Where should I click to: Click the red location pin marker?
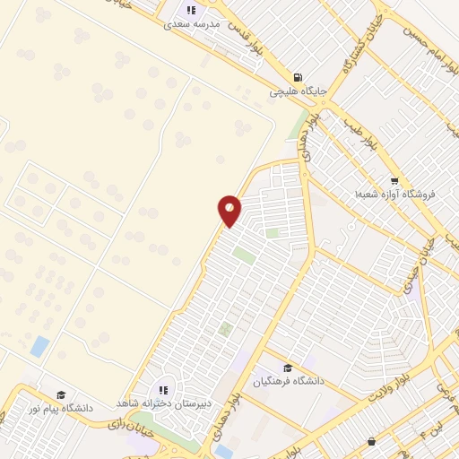tap(229, 211)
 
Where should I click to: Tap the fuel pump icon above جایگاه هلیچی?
tap(298, 77)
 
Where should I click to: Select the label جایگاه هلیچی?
tap(298, 91)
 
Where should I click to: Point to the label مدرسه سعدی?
tap(190, 24)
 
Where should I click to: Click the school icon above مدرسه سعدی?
tap(190, 11)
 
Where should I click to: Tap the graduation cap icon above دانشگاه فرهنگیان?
tap(287, 368)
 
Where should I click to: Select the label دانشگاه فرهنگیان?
tap(286, 381)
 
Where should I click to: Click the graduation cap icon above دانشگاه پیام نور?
tap(61, 395)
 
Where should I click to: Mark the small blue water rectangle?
tap(39, 346)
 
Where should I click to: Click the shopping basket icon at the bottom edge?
tap(372, 441)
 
